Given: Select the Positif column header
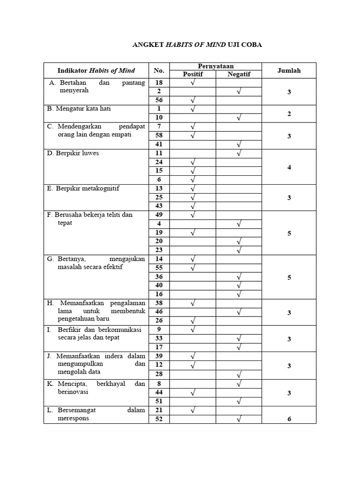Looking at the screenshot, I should coord(192,74).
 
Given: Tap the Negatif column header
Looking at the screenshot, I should coord(239,74).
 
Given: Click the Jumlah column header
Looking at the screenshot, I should coord(289,71).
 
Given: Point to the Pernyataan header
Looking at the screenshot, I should coord(216,67).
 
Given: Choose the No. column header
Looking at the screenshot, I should coord(159,71).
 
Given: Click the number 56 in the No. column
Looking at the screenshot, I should coord(159,100).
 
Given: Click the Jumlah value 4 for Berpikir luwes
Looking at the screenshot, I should coord(289,167).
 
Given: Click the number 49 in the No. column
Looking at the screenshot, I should coord(159,215).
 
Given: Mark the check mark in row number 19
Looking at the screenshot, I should coord(192,233).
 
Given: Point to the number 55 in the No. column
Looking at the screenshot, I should coord(159,268).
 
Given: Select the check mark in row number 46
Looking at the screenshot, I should coord(239,312).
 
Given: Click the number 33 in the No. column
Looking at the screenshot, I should coord(159,338).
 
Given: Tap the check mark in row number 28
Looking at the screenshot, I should coord(239,374).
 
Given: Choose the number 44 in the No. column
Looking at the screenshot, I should coord(159,392).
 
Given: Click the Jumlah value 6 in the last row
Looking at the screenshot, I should coord(289,419).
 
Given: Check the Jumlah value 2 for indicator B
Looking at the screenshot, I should coord(289,113).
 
